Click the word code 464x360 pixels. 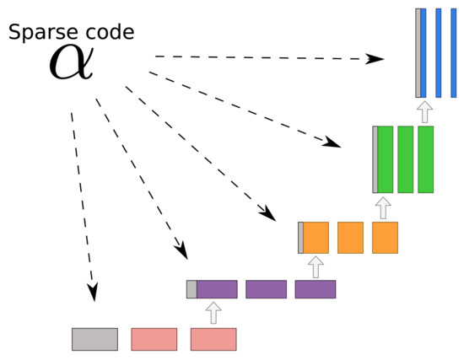[111, 34]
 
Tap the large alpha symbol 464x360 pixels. [71, 62]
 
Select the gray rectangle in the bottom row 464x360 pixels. [94, 339]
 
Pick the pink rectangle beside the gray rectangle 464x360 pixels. [154, 339]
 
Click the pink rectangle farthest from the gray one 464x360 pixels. [213, 339]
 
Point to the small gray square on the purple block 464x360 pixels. [192, 289]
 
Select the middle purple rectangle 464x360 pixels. [266, 289]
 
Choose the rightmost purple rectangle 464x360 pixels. [316, 289]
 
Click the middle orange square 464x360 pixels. [350, 238]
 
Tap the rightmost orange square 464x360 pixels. [385, 238]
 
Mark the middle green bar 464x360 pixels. [405, 159]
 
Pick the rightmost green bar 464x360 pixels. [425, 159]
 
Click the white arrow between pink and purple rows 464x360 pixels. [213, 313]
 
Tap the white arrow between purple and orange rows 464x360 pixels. [316, 266]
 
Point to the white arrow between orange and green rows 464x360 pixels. [385, 207]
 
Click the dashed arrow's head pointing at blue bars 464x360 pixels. [378, 60]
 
